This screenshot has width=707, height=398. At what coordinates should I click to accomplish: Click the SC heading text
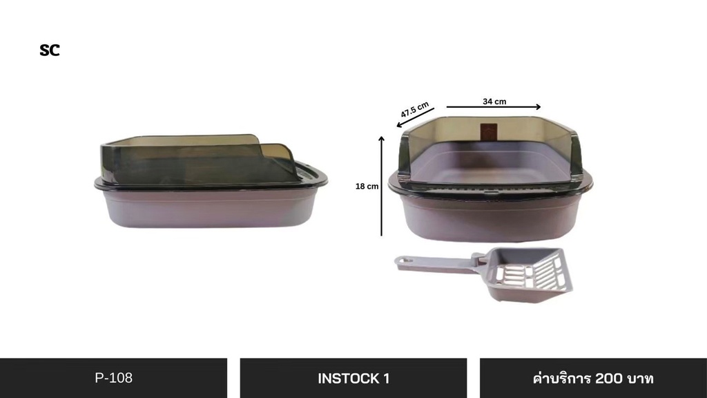pos(50,50)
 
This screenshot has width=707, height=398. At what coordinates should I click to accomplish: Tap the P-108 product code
pos(114,378)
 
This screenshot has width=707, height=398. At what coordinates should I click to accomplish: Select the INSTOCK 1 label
pos(353,378)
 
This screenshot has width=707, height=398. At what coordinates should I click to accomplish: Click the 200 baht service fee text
pos(593,378)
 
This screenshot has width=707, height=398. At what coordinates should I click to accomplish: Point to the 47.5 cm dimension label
pos(415,110)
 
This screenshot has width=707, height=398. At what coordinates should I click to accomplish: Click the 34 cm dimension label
pos(494,102)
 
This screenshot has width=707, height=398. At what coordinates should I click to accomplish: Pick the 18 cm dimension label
pos(367,187)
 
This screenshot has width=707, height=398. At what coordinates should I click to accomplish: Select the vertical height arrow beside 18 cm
pos(381,186)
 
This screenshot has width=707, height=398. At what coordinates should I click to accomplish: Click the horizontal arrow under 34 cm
pos(494,107)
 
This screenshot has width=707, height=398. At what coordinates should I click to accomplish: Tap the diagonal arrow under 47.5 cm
pos(415,117)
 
